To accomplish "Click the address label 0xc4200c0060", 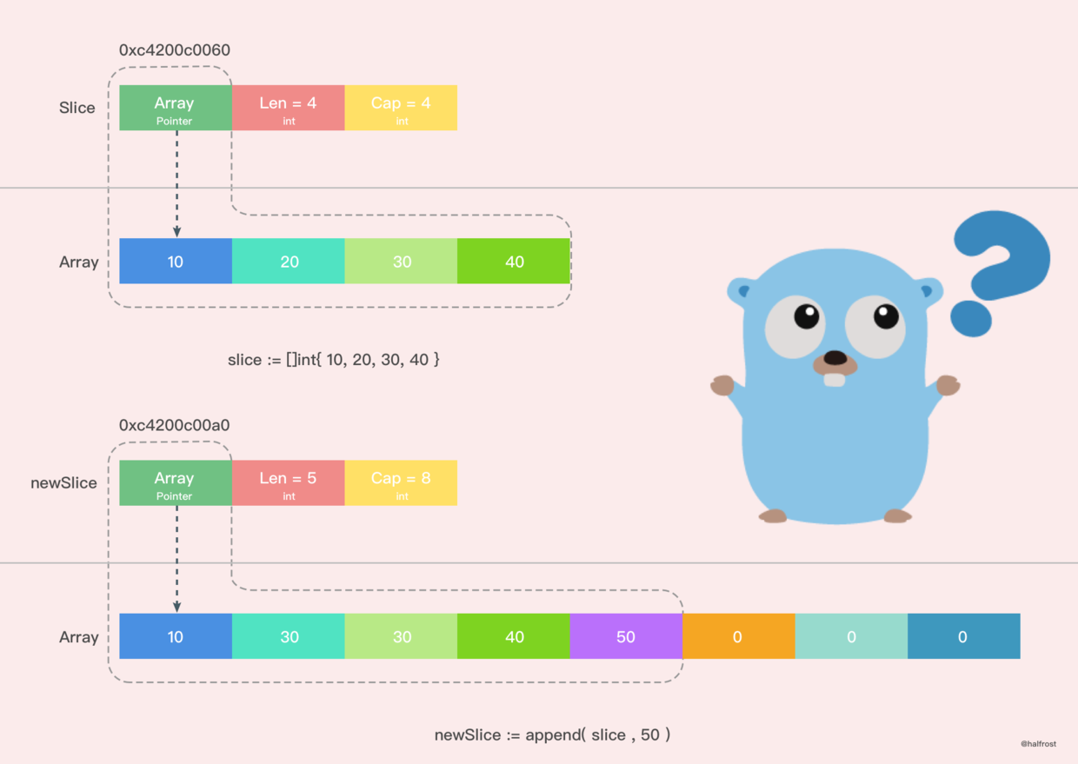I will (x=174, y=50).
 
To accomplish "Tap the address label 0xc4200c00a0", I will (x=174, y=426).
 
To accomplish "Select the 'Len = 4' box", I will (x=288, y=108).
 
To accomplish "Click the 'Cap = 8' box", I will (x=401, y=483).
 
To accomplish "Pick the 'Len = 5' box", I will (x=288, y=483).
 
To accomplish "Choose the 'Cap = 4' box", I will (x=401, y=108).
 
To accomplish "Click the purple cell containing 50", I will (x=626, y=636).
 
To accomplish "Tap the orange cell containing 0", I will (x=738, y=636).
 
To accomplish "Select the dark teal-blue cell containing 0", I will (x=963, y=636).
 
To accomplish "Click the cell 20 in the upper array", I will (x=289, y=261).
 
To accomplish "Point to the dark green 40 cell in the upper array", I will (x=514, y=261).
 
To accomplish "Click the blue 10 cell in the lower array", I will (x=176, y=636).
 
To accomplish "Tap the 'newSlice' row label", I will (x=63, y=483).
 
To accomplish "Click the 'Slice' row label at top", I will (x=77, y=108).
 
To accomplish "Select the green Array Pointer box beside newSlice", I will (x=175, y=483).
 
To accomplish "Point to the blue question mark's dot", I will (x=970, y=318).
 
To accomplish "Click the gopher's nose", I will (x=835, y=357).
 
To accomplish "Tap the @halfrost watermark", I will (x=1038, y=744).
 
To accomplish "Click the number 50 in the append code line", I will (x=650, y=735).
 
